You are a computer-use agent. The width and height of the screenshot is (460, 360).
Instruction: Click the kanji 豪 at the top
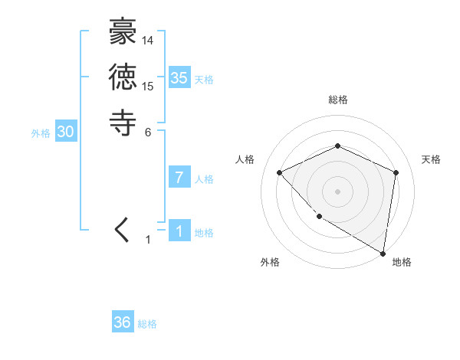click(x=123, y=34)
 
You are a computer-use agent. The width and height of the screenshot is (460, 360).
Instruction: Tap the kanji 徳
click(x=123, y=78)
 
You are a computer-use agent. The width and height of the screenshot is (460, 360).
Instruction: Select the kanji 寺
click(x=123, y=123)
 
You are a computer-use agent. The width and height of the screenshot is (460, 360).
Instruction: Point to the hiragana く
click(x=123, y=231)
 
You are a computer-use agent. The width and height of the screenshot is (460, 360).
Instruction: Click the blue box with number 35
click(x=179, y=77)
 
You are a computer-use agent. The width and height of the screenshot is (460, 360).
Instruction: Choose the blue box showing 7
click(x=179, y=178)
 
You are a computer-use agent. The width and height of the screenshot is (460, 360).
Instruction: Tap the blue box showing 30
click(x=66, y=132)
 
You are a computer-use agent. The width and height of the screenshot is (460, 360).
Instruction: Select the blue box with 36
click(x=123, y=322)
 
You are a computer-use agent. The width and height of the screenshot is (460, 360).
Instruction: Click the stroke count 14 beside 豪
click(x=148, y=41)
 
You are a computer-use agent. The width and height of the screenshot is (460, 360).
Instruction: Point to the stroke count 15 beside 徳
click(x=148, y=85)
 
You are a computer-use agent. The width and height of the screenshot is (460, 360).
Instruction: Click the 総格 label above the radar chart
click(x=337, y=100)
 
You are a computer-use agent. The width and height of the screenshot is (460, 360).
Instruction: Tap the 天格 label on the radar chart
click(x=431, y=159)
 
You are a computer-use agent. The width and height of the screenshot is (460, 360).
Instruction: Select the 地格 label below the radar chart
click(x=402, y=262)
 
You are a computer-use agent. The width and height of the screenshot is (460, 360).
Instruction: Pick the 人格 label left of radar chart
click(x=245, y=159)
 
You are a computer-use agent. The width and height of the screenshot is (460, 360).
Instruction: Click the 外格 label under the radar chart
click(x=270, y=262)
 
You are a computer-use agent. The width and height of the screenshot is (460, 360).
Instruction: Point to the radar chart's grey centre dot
click(x=337, y=191)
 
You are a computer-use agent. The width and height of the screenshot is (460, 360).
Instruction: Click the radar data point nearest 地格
click(x=383, y=254)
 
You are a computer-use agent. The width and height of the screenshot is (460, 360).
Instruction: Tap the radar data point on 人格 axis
click(x=280, y=172)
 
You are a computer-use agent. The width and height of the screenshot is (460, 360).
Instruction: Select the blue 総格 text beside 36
click(x=147, y=324)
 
